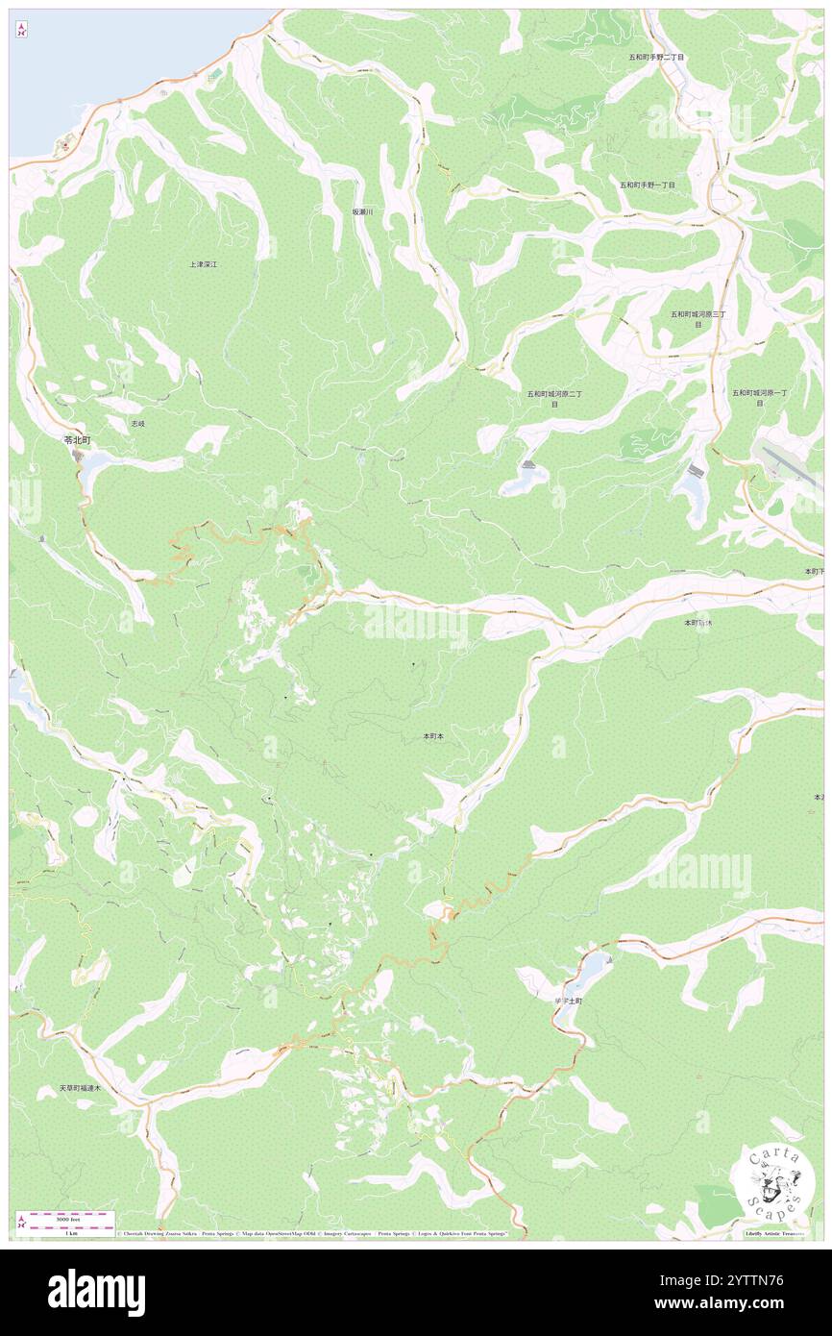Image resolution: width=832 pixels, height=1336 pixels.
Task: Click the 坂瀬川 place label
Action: tap(362, 211)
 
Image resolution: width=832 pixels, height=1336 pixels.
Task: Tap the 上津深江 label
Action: tap(204, 263)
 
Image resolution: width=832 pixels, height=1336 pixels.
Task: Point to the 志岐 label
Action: tap(138, 423)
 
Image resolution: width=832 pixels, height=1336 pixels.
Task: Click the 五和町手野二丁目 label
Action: tap(656, 58)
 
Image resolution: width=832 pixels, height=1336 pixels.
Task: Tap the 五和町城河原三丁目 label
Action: tap(697, 319)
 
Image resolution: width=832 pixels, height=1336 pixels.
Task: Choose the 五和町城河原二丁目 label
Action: tap(554, 399)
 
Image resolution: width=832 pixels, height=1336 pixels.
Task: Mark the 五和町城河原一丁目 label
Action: tap(759, 397)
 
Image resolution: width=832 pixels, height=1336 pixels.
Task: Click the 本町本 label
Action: tap(432, 736)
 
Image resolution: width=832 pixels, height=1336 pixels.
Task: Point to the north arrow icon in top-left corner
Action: tap(21, 29)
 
